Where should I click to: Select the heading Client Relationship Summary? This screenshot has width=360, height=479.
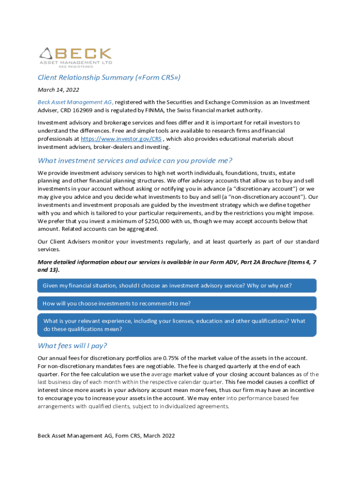pyautogui.click(x=109, y=78)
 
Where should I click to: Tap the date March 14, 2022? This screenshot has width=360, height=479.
pyautogui.click(x=58, y=90)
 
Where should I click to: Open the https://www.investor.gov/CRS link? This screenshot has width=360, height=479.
pyautogui.click(x=121, y=139)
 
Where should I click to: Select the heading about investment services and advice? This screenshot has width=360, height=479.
pyautogui.click(x=135, y=160)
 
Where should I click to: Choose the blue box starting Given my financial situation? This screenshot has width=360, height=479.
pyautogui.click(x=177, y=285)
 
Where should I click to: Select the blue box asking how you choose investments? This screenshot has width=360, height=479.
pyautogui.click(x=177, y=303)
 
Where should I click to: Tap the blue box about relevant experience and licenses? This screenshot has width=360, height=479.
pyautogui.click(x=177, y=325)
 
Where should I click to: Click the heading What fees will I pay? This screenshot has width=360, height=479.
pyautogui.click(x=72, y=346)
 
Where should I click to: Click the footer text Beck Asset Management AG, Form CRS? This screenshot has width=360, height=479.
pyautogui.click(x=106, y=435)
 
